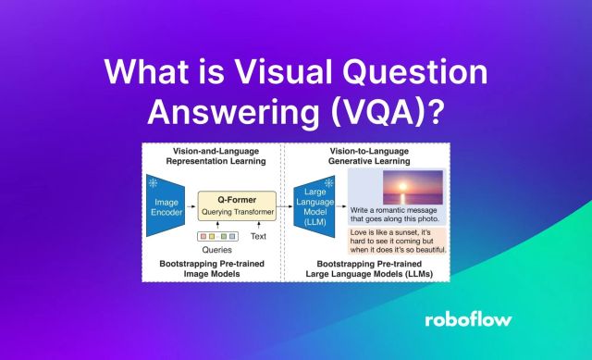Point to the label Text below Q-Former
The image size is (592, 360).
coord(258,236)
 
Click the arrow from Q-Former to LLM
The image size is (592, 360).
coord(287,205)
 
